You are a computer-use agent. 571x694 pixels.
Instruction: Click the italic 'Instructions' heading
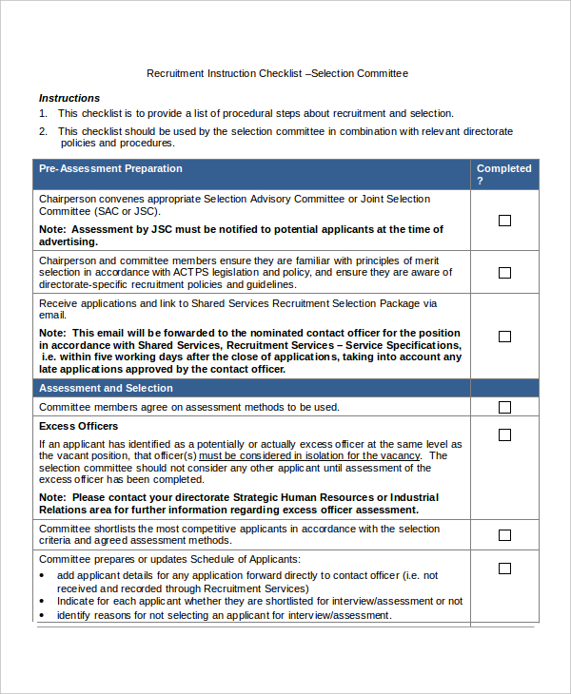coord(69,98)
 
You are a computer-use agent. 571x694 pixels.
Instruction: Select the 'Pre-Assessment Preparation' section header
coord(110,169)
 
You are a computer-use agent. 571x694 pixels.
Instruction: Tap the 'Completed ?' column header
coord(503,174)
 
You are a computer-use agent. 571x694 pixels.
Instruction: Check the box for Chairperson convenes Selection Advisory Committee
coord(504,221)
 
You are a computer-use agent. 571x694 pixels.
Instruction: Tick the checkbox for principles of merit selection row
coord(504,273)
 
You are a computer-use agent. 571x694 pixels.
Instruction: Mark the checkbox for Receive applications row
coord(504,337)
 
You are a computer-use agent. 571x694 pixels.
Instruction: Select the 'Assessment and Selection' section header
coord(106,388)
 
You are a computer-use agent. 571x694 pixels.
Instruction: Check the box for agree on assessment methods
coord(504,407)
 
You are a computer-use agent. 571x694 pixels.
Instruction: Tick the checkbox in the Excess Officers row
coord(504,435)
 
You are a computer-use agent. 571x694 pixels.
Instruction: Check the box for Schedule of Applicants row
coord(504,569)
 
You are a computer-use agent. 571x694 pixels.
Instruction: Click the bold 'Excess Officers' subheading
coord(78,426)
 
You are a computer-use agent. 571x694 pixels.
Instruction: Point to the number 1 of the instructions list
coord(43,113)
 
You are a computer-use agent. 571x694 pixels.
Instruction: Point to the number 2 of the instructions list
coord(43,131)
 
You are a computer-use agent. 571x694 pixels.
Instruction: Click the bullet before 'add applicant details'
coord(43,576)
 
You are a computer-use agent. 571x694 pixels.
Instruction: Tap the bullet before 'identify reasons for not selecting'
coord(43,616)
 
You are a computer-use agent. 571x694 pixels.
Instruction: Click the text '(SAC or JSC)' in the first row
coord(128,211)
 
